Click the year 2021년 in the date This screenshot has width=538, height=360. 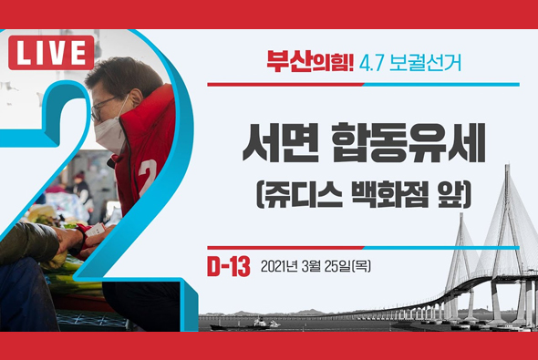pos(280,267)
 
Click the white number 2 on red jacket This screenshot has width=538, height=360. pos(147,170)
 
